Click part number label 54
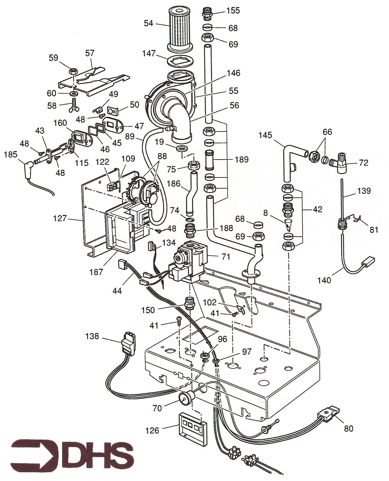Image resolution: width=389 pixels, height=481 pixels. point(148,23)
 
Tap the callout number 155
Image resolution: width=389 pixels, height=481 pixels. point(233,10)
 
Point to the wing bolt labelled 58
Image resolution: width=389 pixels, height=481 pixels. point(75,105)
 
